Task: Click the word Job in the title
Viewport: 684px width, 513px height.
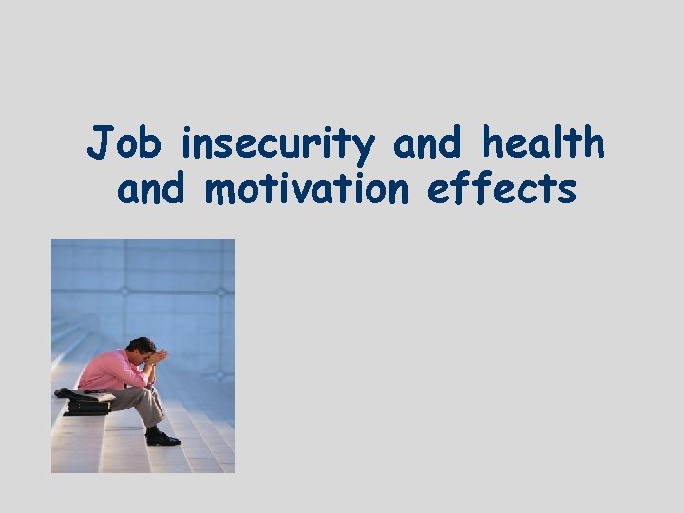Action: [125, 145]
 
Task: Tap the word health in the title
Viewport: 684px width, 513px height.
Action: [542, 143]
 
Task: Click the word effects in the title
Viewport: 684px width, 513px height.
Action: [502, 189]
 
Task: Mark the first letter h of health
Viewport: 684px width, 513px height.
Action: [492, 143]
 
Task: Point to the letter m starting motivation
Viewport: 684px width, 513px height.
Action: [221, 191]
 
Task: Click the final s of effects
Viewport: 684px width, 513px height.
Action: [566, 191]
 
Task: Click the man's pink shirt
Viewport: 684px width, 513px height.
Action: [112, 370]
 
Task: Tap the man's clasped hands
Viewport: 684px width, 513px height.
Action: [159, 357]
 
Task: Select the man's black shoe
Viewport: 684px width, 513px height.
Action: [162, 438]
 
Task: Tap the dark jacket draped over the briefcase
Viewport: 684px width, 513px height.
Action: [76, 393]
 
